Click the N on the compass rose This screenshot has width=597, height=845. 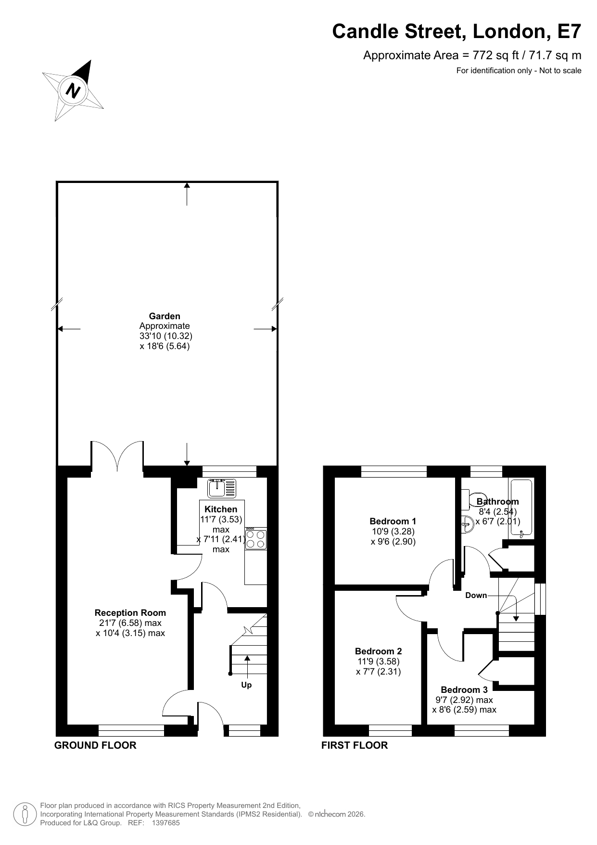coord(73,90)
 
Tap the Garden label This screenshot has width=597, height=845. coord(165,316)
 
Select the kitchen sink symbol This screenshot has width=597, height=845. coord(222,488)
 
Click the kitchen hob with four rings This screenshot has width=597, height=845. coord(255,539)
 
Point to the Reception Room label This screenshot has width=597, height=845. coord(130,613)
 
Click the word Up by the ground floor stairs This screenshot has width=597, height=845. coord(246,685)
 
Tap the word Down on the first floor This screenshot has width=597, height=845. coord(476,596)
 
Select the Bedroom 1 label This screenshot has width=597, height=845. coord(393,521)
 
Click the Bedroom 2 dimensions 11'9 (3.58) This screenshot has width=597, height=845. coord(378,662)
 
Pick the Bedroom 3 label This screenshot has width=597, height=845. coord(464,690)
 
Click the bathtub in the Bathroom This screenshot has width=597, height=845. coord(521,508)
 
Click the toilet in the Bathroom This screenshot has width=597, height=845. coord(473,500)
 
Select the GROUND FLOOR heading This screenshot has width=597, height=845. coord(95,745)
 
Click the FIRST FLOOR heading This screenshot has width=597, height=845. coord(355,745)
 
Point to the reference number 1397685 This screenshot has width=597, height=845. coord(165,823)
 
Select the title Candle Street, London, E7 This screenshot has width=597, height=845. coord(457,31)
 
